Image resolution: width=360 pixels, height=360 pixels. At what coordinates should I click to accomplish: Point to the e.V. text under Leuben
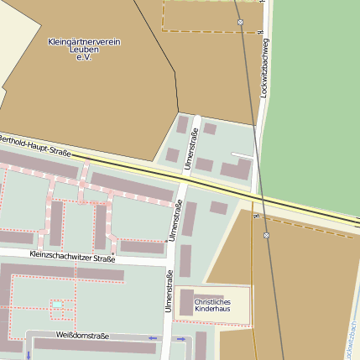[84, 57]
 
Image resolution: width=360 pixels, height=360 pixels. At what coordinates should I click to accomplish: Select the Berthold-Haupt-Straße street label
[34, 144]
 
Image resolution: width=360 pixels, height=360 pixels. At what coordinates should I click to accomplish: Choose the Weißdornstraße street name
[82, 336]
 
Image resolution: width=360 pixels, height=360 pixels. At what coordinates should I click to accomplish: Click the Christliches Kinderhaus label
[211, 305]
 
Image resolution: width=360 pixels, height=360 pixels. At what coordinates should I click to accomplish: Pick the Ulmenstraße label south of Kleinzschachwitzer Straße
[170, 293]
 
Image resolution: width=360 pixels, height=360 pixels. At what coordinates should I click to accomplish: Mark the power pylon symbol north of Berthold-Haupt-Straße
[241, 22]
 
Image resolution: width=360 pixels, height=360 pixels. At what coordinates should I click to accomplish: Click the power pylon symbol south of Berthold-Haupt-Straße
[266, 236]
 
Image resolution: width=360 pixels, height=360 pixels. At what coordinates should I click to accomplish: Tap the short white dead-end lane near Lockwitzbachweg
[242, 154]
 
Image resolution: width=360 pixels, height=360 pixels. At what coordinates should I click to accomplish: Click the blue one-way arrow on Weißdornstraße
[152, 338]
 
